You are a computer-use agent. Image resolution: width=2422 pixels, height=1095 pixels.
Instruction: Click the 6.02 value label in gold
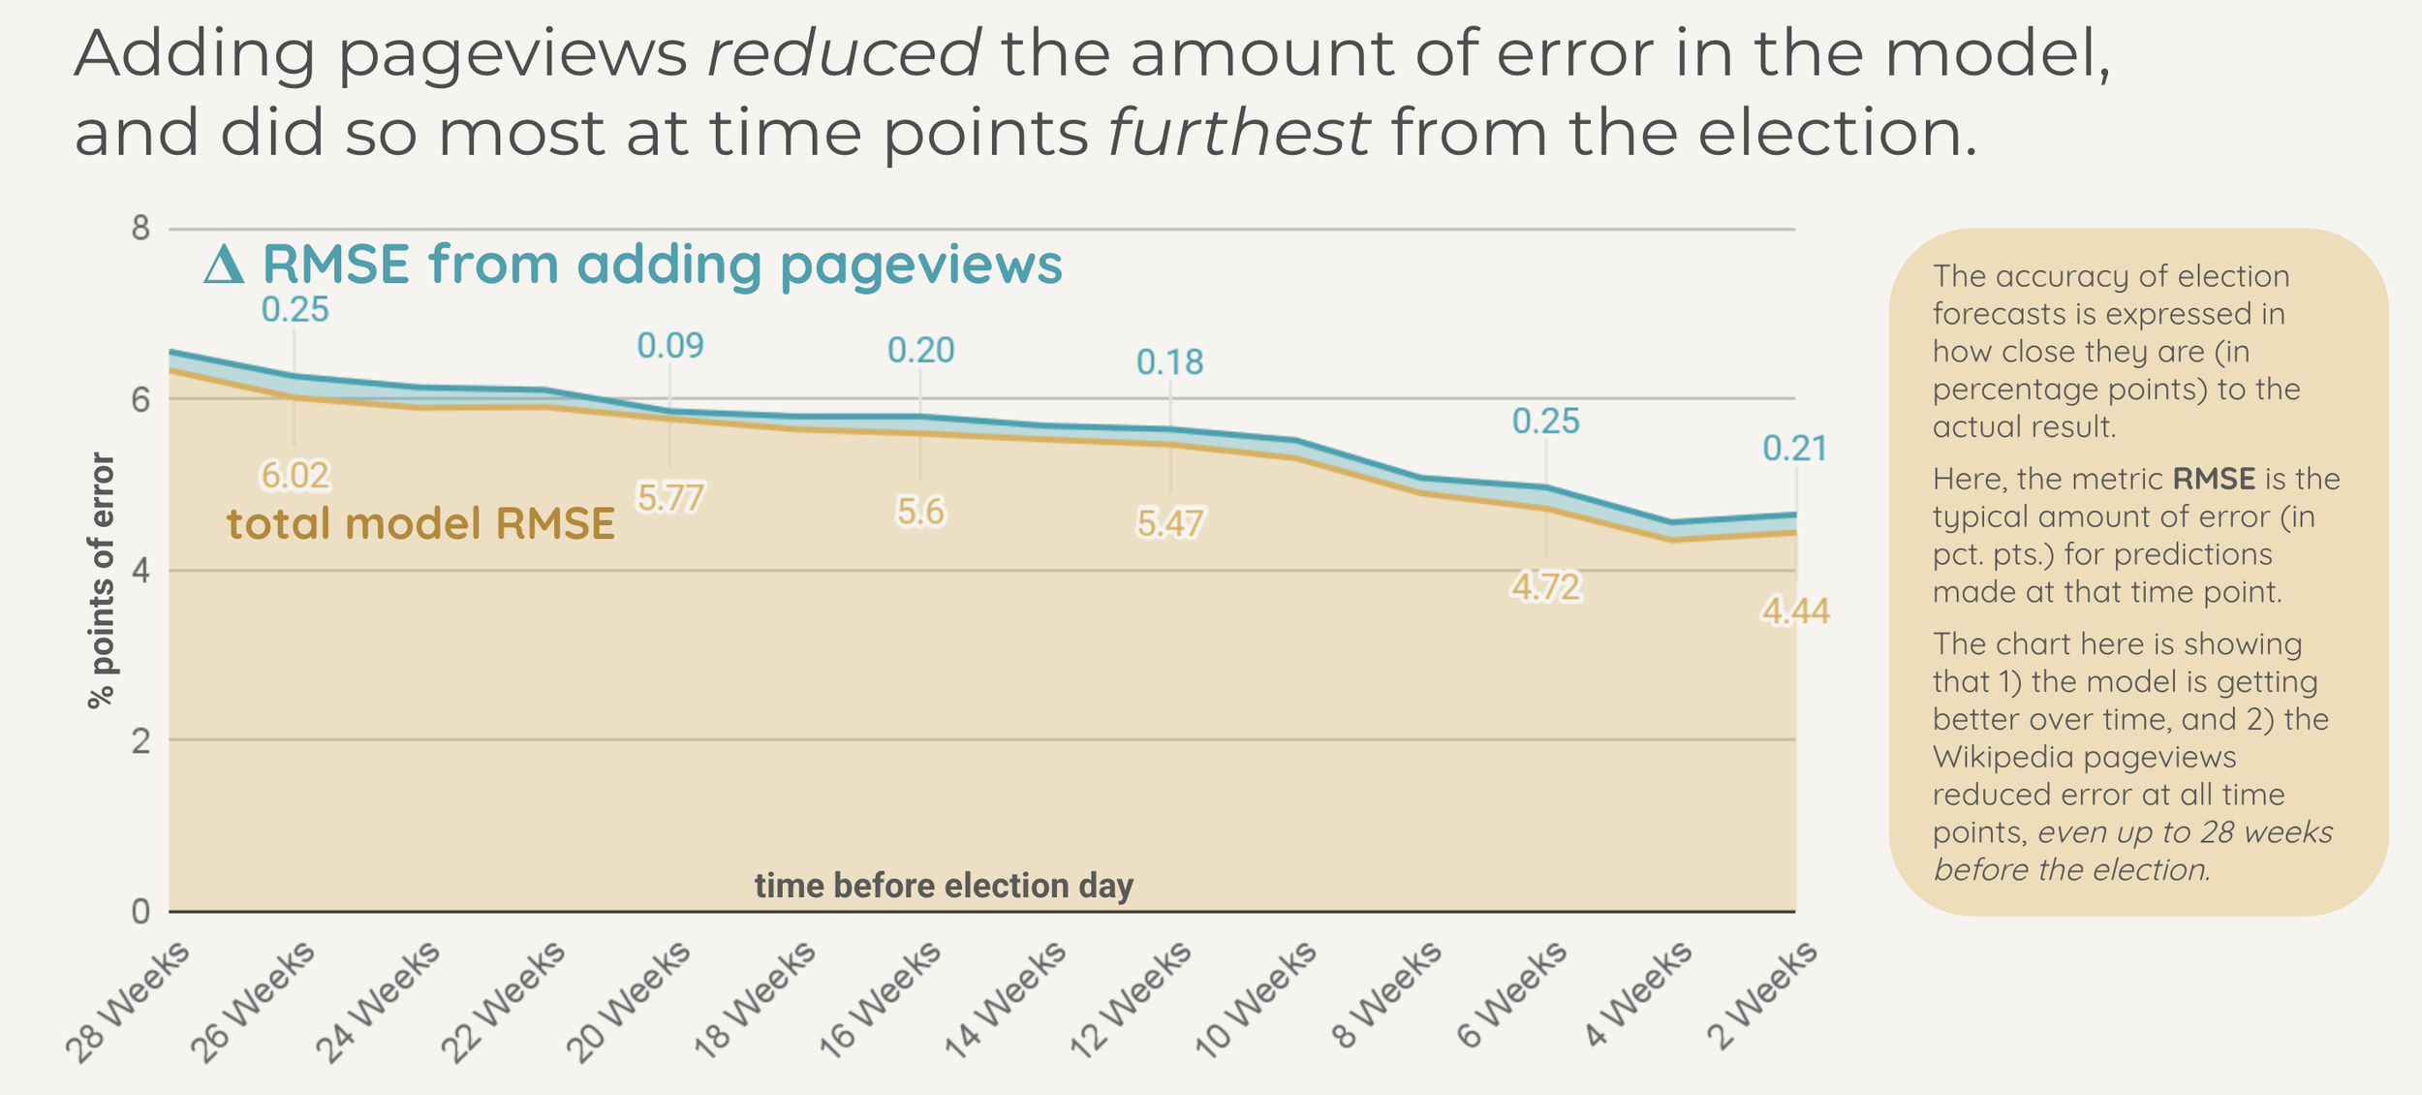pyautogui.click(x=295, y=476)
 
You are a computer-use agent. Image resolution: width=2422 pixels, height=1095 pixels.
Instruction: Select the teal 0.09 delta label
pyautogui.click(x=670, y=346)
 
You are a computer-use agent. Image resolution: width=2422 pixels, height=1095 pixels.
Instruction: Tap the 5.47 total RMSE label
pyautogui.click(x=1169, y=524)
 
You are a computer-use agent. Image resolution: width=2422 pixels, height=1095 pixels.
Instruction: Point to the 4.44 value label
pyautogui.click(x=1795, y=611)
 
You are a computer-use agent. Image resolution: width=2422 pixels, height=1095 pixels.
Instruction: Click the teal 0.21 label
pyautogui.click(x=1794, y=449)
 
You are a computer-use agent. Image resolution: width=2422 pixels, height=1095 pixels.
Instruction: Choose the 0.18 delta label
pyautogui.click(x=1169, y=362)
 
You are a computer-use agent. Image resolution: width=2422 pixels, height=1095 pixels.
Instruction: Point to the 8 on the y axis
pyautogui.click(x=141, y=229)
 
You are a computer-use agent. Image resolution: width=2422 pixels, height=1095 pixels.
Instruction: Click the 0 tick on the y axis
pyautogui.click(x=141, y=912)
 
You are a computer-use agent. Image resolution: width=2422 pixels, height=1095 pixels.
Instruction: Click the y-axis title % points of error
pyautogui.click(x=102, y=581)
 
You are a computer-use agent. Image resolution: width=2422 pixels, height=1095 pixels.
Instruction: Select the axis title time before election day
pyautogui.click(x=944, y=886)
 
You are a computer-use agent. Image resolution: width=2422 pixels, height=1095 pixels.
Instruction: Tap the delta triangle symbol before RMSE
pyautogui.click(x=224, y=265)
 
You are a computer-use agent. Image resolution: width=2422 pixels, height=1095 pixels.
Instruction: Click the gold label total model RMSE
pyautogui.click(x=420, y=524)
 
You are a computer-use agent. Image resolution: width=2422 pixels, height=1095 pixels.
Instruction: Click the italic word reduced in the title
pyautogui.click(x=844, y=53)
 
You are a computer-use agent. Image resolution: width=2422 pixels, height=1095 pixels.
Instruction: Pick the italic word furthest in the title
pyautogui.click(x=1238, y=133)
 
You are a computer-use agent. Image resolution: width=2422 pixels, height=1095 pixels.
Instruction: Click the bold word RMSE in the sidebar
pyautogui.click(x=2214, y=479)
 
